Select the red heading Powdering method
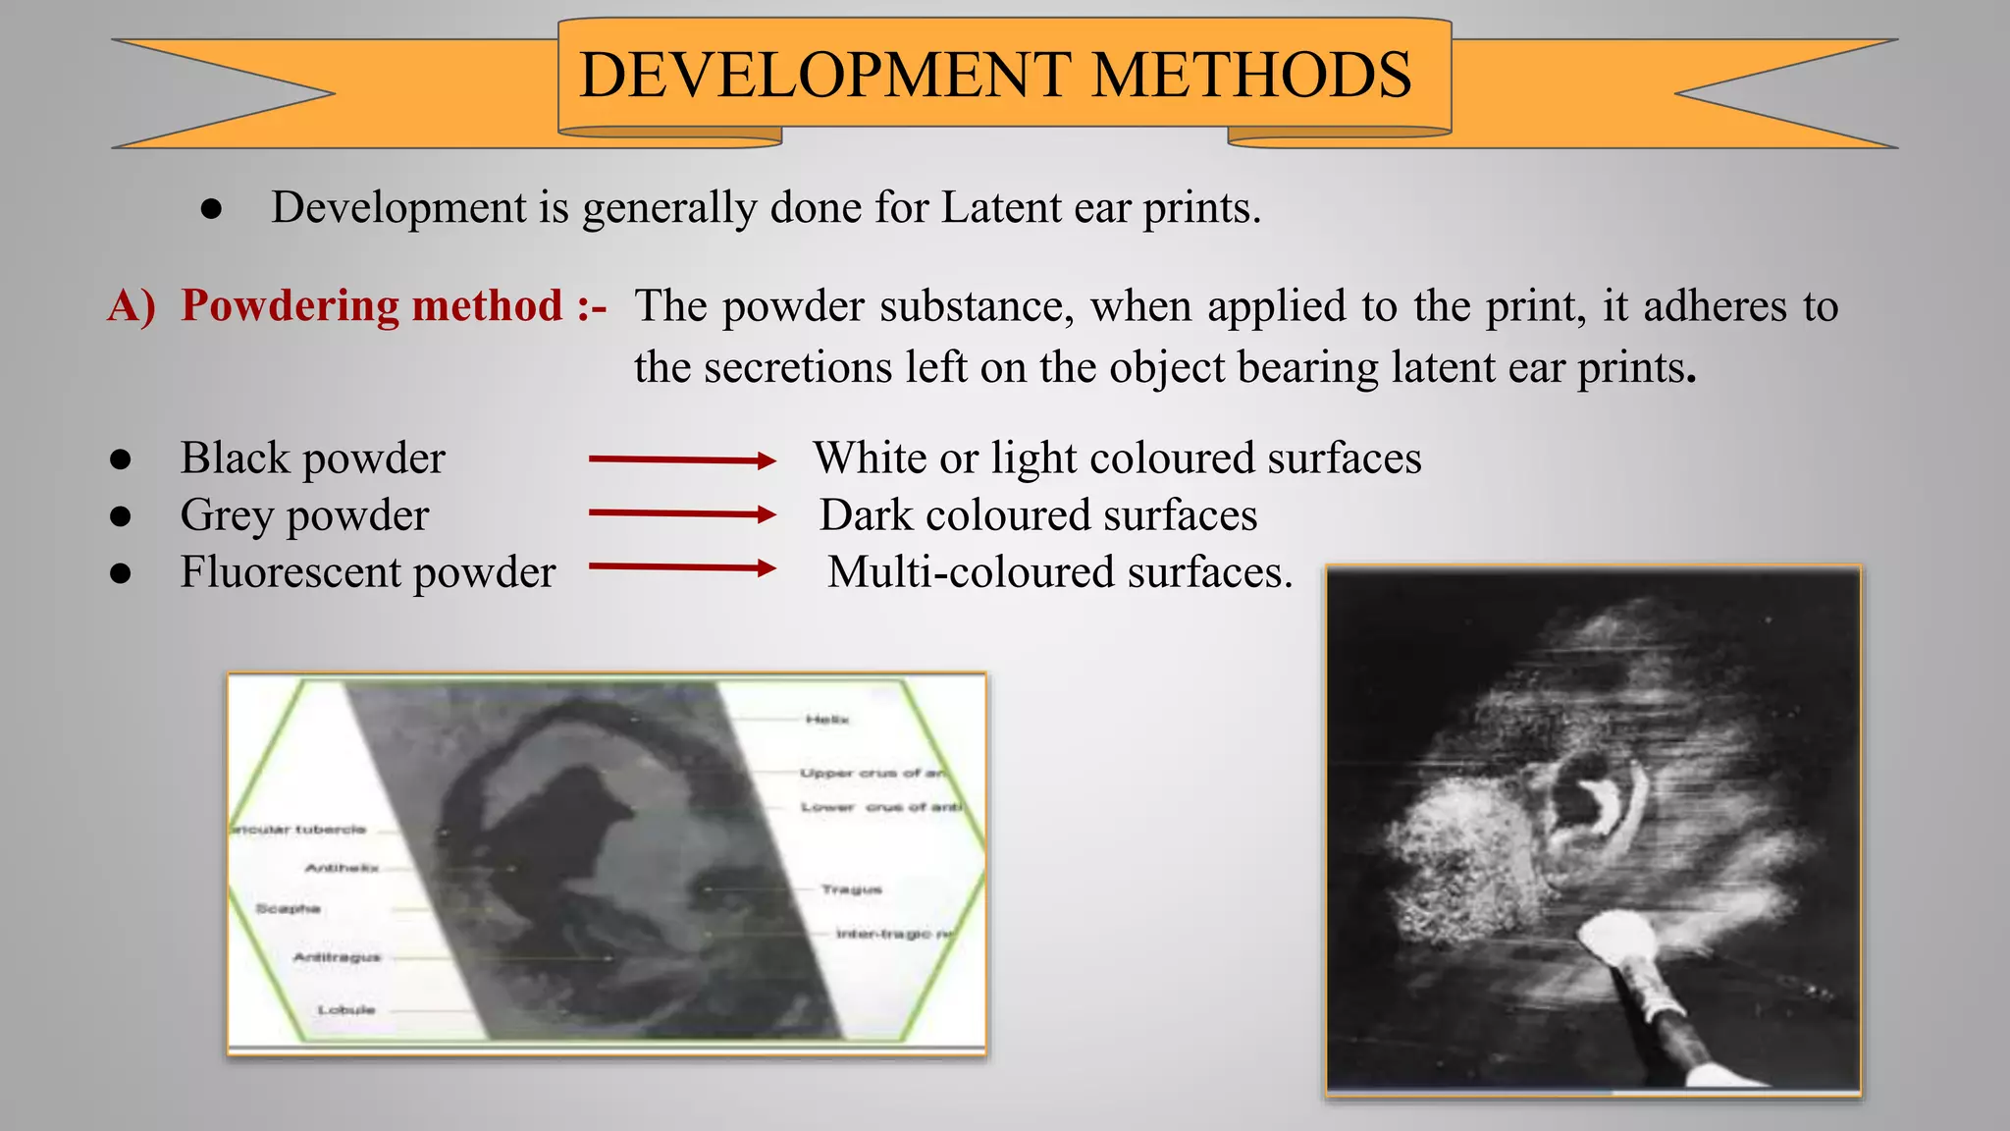pyautogui.click(x=372, y=305)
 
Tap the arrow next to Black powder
pyautogui.click(x=682, y=459)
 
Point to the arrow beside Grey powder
pyautogui.click(x=682, y=513)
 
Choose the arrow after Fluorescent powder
pyautogui.click(x=682, y=566)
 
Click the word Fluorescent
pyautogui.click(x=291, y=572)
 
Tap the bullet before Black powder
pyautogui.click(x=121, y=459)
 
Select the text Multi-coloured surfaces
pyautogui.click(x=1059, y=572)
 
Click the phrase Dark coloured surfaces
pyautogui.click(x=1037, y=515)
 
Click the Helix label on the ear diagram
pyautogui.click(x=826, y=720)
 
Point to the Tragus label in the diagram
pyautogui.click(x=851, y=889)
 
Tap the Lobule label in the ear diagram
pyautogui.click(x=345, y=1009)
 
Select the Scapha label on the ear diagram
pyautogui.click(x=288, y=908)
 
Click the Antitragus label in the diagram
pyautogui.click(x=337, y=956)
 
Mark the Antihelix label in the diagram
pyautogui.click(x=342, y=868)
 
